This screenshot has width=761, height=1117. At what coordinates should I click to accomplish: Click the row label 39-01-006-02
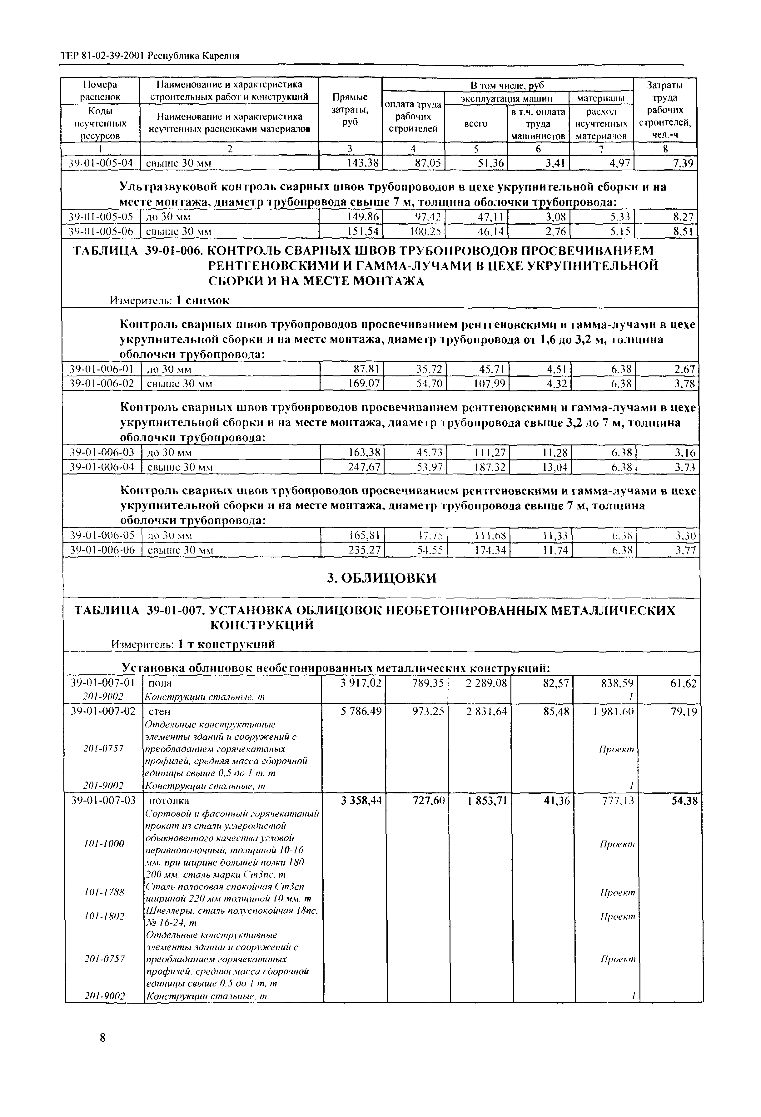[x=101, y=384]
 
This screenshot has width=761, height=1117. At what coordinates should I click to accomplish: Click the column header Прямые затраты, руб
[x=351, y=110]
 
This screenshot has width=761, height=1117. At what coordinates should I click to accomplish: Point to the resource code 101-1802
[x=104, y=916]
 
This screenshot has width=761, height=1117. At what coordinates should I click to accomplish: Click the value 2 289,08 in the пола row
[x=486, y=683]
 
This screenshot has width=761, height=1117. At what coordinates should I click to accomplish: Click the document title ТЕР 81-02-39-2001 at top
[x=103, y=56]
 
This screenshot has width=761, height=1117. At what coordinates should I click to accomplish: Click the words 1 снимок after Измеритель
[x=202, y=300]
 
